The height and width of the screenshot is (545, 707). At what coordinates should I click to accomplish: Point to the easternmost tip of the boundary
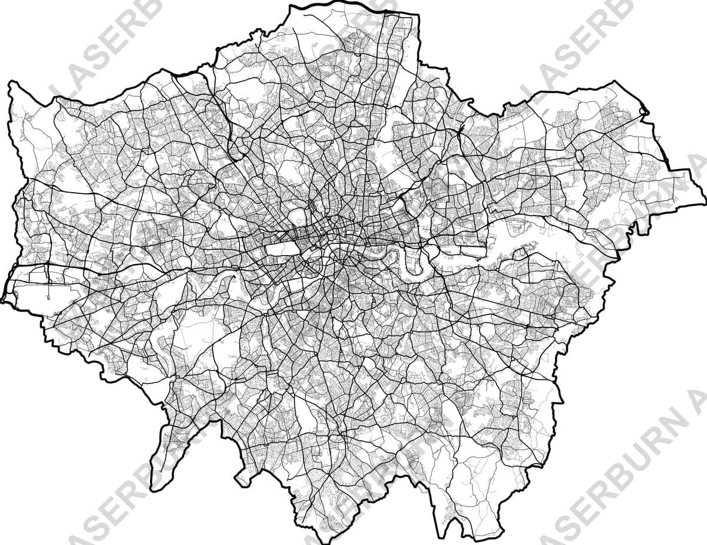705,204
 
